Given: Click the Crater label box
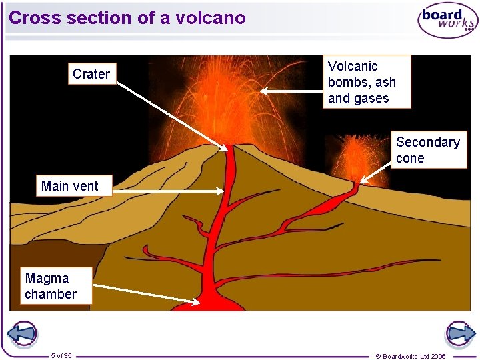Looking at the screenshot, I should coord(91,74).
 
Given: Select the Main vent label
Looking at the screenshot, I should coord(69,186).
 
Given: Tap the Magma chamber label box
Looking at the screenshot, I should coord(51,286).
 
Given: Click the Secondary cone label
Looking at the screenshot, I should coord(427,150).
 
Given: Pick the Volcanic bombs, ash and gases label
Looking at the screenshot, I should coord(367,82).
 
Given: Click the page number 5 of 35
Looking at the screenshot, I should coord(61,355).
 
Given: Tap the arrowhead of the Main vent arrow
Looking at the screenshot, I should coord(221,191).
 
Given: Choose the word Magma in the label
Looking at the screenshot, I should coord(47,278).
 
